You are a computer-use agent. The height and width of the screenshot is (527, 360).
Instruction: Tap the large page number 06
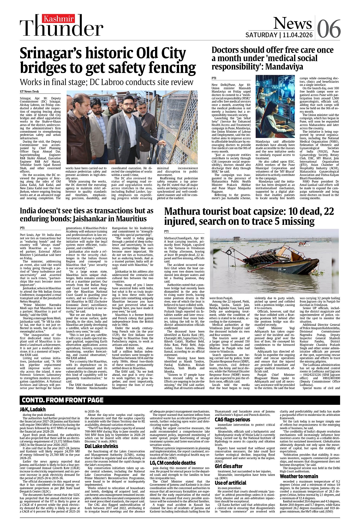[x=328, y=29]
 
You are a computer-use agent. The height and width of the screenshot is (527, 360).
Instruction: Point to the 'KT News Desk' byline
[x=29, y=92]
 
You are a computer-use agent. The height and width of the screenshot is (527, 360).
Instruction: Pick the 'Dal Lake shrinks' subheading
[x=101, y=446]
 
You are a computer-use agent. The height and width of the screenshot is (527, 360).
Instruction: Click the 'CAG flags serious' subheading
[x=232, y=420]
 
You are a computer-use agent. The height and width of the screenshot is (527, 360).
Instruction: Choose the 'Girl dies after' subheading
[x=229, y=466]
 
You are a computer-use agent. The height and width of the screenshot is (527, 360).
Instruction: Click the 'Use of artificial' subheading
[x=230, y=483]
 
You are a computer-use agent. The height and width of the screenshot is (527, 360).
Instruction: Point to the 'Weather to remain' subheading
[x=299, y=476]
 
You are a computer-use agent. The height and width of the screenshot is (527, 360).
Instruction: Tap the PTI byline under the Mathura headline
[x=166, y=231]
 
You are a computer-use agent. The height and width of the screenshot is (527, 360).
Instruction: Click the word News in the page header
[x=292, y=23]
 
